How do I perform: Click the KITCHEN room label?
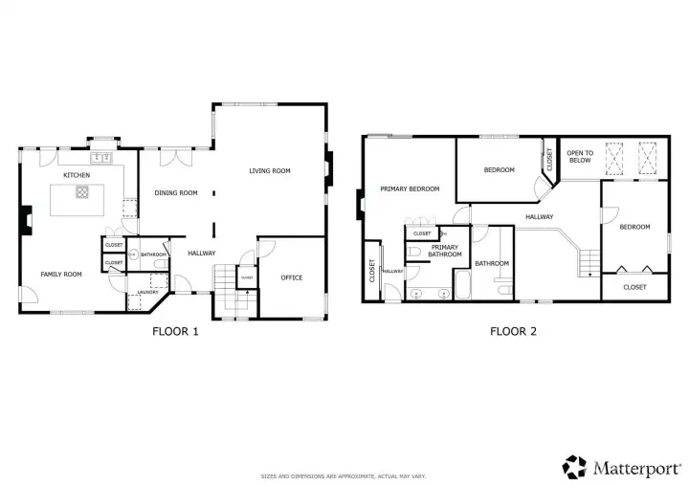click(77, 175)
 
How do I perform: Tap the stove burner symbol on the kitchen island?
click(82, 192)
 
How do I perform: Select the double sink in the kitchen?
click(101, 158)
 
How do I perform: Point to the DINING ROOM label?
click(176, 192)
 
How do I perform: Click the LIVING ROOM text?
click(270, 170)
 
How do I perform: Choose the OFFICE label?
click(292, 277)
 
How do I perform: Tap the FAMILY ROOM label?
click(61, 275)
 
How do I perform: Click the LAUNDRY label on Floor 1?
click(147, 292)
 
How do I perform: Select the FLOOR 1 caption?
click(175, 331)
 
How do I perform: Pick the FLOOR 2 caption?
click(513, 331)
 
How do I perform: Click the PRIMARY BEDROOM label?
click(410, 189)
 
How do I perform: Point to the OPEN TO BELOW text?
click(580, 157)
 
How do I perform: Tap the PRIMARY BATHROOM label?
click(445, 251)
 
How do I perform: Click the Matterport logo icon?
click(574, 467)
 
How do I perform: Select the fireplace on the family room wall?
click(27, 220)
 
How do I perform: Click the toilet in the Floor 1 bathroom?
click(162, 264)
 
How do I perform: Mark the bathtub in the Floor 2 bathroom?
click(462, 285)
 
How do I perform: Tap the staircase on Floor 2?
click(589, 263)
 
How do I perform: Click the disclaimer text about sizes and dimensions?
click(344, 476)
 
